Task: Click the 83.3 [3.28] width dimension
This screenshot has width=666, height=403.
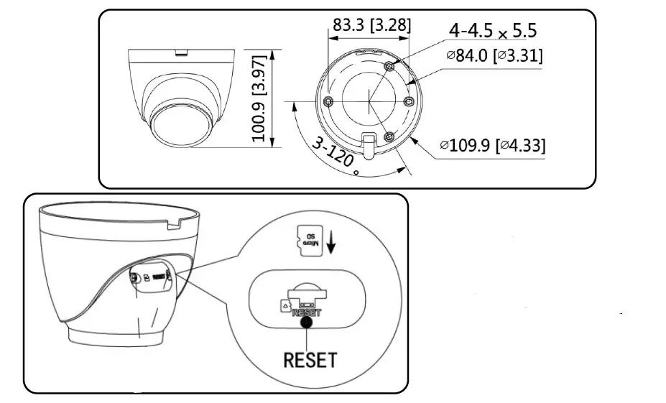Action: (x=371, y=25)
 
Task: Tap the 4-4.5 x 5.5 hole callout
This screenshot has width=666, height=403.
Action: (x=492, y=31)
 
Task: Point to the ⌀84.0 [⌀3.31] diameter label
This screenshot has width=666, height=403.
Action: (x=494, y=55)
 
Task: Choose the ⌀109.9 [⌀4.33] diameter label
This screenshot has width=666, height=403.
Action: (x=492, y=145)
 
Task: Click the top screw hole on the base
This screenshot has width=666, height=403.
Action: (x=389, y=65)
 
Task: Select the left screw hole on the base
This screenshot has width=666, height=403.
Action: (x=328, y=101)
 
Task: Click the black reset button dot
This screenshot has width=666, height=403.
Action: (x=307, y=323)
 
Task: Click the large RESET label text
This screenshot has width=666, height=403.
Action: (x=310, y=358)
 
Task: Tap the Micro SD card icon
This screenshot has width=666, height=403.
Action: (x=309, y=241)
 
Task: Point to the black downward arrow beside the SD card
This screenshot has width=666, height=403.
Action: (x=331, y=243)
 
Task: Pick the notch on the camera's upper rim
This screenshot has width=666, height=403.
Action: (x=182, y=52)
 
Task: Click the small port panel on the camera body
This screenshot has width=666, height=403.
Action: (x=149, y=277)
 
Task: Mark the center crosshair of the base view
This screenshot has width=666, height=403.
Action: (x=368, y=101)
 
